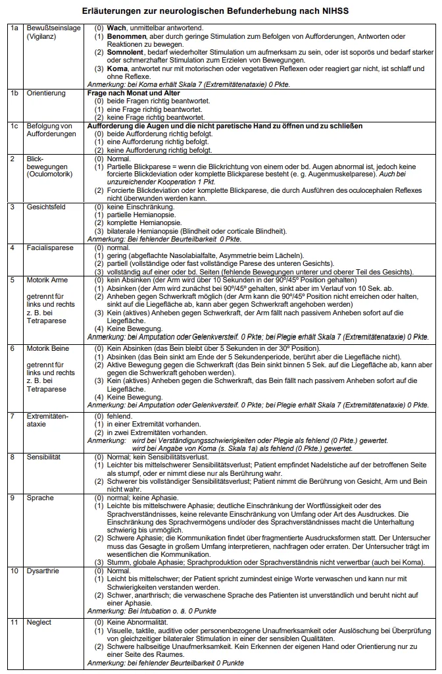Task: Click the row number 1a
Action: click(14, 29)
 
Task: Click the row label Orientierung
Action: click(46, 93)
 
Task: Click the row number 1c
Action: click(14, 125)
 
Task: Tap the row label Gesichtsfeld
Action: click(46, 207)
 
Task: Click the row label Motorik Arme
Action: click(48, 280)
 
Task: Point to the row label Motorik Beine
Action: click(49, 347)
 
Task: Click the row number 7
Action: click(12, 416)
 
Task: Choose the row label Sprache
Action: click(40, 498)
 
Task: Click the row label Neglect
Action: click(39, 622)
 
